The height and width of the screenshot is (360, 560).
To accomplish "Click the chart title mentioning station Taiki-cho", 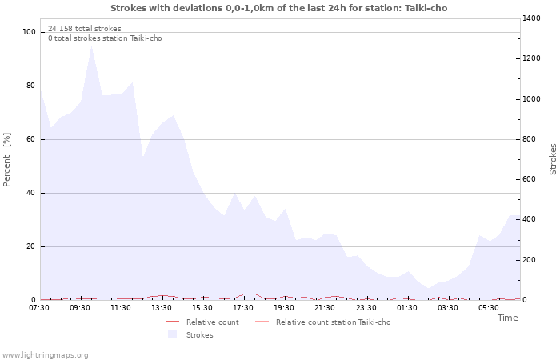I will click(279, 8).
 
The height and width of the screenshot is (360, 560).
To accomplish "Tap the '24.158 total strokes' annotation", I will click(85, 29).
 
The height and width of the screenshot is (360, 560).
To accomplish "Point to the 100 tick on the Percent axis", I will click(30, 32).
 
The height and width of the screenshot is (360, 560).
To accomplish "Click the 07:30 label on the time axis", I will click(39, 307).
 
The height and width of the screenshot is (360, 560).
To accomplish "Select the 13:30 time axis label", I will click(162, 307).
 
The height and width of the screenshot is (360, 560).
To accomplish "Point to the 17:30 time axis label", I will click(243, 307).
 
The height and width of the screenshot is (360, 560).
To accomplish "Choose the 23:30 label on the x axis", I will click(366, 307).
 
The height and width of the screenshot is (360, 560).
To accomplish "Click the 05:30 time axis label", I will click(488, 307).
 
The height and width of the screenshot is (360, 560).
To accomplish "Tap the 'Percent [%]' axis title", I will click(8, 159).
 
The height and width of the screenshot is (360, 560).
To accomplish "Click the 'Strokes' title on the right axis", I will click(553, 159).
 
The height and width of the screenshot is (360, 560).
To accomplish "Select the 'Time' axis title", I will click(507, 318).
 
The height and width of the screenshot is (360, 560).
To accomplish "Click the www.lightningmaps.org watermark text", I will click(45, 354).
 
